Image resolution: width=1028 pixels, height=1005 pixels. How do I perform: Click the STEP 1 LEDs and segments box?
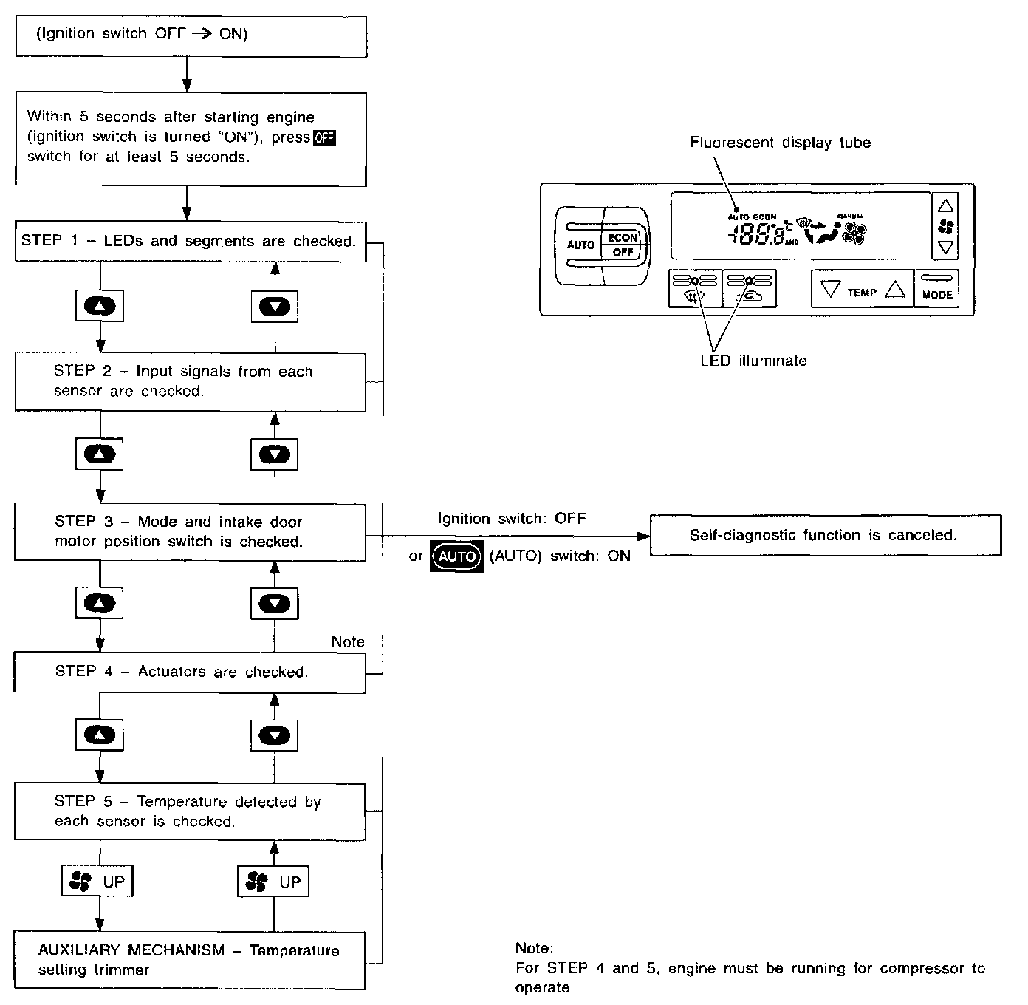(190, 241)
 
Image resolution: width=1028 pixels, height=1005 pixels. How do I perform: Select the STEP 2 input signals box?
(190, 381)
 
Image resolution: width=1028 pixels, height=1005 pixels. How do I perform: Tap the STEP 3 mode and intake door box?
(190, 531)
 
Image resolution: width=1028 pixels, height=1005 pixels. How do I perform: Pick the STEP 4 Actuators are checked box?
(190, 672)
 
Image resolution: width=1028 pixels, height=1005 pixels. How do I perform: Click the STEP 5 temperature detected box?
(190, 811)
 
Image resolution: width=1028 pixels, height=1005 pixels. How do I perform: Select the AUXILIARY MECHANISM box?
(190, 960)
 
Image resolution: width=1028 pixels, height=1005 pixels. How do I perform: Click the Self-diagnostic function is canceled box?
(824, 535)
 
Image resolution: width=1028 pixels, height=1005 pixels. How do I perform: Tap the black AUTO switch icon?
(456, 556)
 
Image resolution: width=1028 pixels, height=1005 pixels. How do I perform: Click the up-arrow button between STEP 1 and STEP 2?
(100, 306)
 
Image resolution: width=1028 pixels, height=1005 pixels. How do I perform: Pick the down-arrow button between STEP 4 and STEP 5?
(275, 735)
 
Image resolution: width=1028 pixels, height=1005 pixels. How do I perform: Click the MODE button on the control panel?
(936, 288)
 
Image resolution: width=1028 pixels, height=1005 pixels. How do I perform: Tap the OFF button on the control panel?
(623, 253)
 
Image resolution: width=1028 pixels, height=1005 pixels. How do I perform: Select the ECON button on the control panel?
(623, 237)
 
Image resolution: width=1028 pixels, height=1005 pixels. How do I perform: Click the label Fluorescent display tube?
(780, 143)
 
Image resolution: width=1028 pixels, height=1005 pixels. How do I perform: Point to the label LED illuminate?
(753, 361)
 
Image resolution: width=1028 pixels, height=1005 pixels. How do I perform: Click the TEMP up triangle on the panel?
(894, 290)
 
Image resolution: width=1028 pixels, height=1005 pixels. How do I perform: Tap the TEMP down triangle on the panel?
(831, 290)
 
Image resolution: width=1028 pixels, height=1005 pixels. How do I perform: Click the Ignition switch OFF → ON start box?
(191, 35)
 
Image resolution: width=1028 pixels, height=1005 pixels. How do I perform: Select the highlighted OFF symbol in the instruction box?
(324, 137)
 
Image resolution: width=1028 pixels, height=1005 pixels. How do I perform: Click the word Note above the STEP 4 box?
(347, 641)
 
